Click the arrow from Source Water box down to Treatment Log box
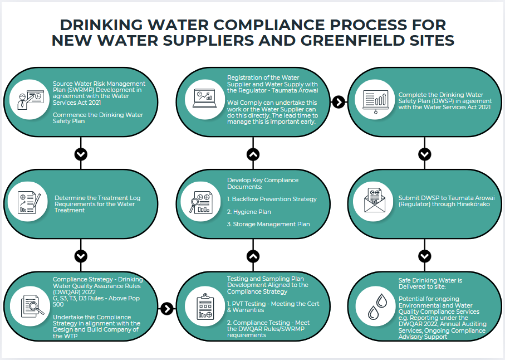pyautogui.click(x=81, y=154)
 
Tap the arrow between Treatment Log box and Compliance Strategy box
pyautogui.click(x=81, y=256)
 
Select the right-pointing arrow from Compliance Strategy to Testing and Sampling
pyautogui.click(x=166, y=308)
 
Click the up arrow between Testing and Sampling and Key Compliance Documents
pyautogui.click(x=253, y=256)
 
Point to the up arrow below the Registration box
pyautogui.click(x=253, y=154)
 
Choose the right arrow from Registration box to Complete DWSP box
pyautogui.click(x=338, y=102)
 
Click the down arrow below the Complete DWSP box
pyautogui.click(x=425, y=154)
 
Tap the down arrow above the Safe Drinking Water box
pyautogui.click(x=425, y=256)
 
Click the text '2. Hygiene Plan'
pyautogui.click(x=249, y=212)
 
